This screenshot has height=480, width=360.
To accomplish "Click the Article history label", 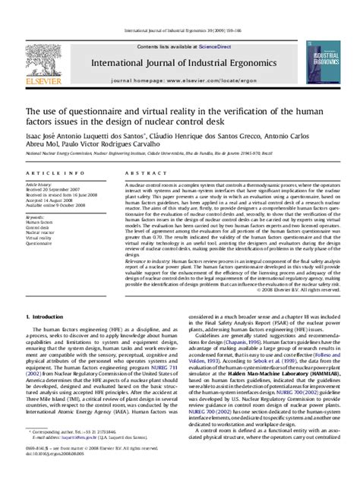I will [39, 185].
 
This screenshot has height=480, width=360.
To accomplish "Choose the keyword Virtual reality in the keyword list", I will [41, 238].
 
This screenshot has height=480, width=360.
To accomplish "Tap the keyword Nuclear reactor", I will [42, 232].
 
